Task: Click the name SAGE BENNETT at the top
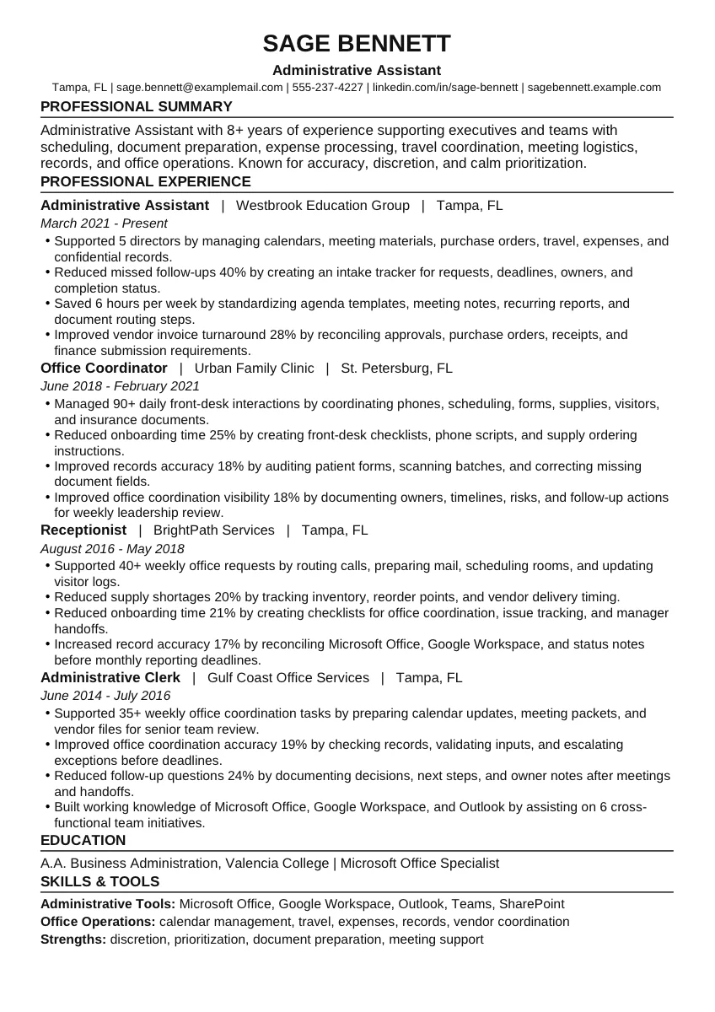tap(357, 43)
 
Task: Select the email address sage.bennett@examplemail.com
tap(200, 87)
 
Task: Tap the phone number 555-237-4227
tap(328, 87)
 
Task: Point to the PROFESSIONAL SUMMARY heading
tap(137, 106)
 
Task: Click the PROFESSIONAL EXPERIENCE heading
tap(146, 181)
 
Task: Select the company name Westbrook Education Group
tap(323, 205)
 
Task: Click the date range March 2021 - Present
tap(104, 223)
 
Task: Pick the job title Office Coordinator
tap(104, 368)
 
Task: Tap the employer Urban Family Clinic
tap(254, 368)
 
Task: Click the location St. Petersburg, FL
tap(396, 368)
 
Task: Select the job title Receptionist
tap(83, 530)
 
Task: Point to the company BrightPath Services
tap(214, 530)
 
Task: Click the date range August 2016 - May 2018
tap(112, 548)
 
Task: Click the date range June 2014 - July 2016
tap(105, 696)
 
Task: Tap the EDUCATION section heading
tap(83, 840)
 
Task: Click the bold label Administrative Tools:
tap(109, 904)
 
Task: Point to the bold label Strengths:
tap(73, 939)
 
